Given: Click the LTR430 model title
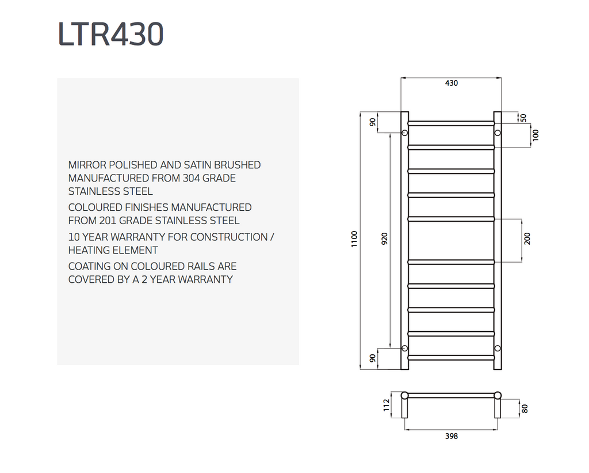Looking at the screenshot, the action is coord(111,34).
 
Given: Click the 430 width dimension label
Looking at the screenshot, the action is coord(452,83).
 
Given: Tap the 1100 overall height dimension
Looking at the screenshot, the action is coord(354,239).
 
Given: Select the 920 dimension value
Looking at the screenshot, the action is coord(385,239).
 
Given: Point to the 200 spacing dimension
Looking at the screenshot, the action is coord(527,239).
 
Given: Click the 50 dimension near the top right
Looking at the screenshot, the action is coord(523,118).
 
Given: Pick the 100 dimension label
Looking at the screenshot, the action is coord(536,135).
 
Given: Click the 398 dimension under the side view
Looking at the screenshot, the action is coord(452,436).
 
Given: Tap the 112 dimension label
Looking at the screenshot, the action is coord(386,405).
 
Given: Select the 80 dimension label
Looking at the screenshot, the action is coord(525,408).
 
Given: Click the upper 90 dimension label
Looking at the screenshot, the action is coord(373,122).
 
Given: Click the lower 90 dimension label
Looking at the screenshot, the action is coord(373,358).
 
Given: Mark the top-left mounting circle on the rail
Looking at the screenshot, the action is coord(404,133).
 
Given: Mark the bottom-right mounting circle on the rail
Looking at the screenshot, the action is coord(498,349).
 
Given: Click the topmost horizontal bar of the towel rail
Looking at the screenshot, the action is coord(451,123).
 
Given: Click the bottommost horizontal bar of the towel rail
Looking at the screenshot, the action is coord(451,358).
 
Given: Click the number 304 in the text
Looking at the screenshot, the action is coord(191,178).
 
